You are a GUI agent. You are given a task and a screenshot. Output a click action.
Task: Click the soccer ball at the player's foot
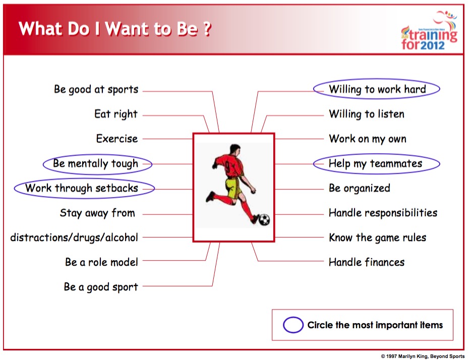coord(264,220)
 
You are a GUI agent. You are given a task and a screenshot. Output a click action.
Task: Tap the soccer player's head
coord(235,150)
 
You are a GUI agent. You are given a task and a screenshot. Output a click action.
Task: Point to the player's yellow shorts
coord(233,187)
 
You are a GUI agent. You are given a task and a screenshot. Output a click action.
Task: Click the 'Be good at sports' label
coord(96,89)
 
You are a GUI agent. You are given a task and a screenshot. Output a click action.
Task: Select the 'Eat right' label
coord(116,114)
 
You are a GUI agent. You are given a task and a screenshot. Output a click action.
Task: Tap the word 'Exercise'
coord(117,139)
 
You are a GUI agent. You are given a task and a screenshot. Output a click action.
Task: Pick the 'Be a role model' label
coord(102,262)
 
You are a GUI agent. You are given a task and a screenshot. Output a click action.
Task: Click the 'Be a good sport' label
coord(101,287)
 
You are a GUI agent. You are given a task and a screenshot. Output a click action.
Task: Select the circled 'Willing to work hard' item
coord(377,89)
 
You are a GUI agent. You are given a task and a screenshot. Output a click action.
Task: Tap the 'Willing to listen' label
coord(367,114)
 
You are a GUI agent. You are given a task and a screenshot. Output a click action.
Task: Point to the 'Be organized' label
coord(360,189)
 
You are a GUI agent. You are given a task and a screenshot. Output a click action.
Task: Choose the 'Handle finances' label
coord(367,262)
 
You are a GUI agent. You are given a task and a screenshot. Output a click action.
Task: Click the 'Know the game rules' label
coord(378,237)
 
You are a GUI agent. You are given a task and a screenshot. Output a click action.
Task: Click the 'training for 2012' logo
coord(430,31)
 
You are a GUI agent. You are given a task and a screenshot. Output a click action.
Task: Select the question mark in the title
coord(207,29)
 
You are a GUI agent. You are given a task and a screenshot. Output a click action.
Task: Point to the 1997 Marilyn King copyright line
coord(423,356)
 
